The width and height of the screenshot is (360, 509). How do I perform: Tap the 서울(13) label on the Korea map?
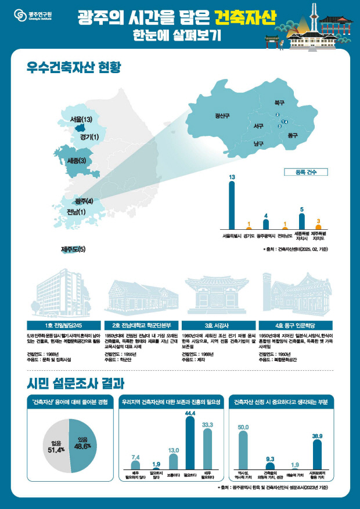click(81, 120)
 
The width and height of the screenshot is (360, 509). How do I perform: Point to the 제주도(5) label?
click(73, 250)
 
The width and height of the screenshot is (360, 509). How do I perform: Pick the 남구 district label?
click(258, 143)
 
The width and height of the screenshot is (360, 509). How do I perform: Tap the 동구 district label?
click(292, 135)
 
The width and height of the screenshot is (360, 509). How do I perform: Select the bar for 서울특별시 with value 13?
click(232, 207)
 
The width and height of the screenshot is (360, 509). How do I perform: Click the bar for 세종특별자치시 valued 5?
click(301, 221)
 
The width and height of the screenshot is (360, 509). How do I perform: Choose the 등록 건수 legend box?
click(306, 172)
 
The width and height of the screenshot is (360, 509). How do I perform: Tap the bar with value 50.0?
click(243, 450)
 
